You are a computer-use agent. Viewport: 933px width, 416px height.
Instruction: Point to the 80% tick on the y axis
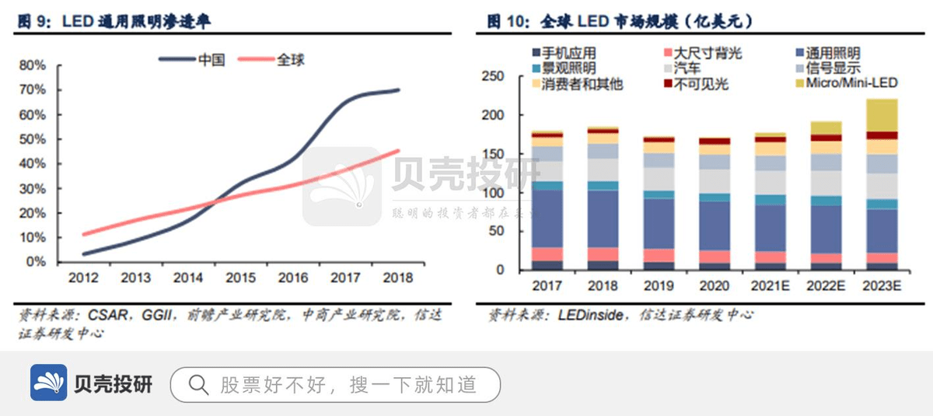tap(33, 65)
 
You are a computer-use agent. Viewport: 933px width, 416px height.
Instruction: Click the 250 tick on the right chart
tap(494, 76)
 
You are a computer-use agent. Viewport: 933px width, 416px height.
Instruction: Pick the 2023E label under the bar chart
tap(880, 285)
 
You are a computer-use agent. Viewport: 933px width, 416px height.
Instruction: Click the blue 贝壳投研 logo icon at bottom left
tap(49, 383)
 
